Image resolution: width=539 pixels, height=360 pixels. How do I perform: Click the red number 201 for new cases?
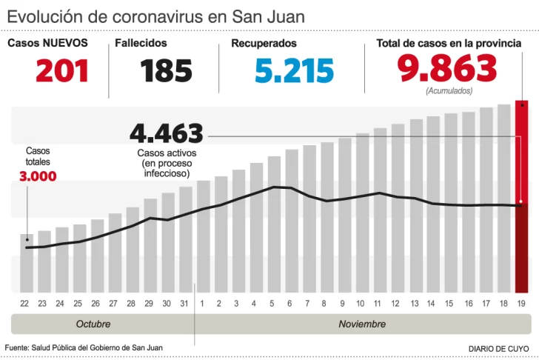pyautogui.click(x=62, y=71)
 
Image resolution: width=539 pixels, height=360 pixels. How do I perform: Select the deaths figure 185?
pyautogui.click(x=166, y=71)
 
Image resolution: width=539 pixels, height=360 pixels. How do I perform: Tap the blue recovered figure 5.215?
pyautogui.click(x=294, y=71)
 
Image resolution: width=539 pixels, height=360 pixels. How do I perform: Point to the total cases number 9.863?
pyautogui.click(x=447, y=69)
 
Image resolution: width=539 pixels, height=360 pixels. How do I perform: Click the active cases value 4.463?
pyautogui.click(x=166, y=134)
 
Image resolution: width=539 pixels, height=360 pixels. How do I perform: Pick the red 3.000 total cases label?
pyautogui.click(x=38, y=176)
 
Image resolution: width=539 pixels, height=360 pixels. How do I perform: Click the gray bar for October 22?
pyautogui.click(x=26, y=263)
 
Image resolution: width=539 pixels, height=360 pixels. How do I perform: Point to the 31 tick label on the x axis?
pyautogui.click(x=185, y=304)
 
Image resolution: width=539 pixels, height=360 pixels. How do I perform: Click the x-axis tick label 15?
pyautogui.click(x=450, y=304)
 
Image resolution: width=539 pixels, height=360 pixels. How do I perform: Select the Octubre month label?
pyautogui.click(x=93, y=324)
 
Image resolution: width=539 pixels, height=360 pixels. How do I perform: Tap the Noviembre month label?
pyautogui.click(x=362, y=324)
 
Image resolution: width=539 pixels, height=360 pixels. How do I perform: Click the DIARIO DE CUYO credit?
pyautogui.click(x=499, y=348)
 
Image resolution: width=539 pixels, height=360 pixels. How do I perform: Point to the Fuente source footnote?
pyautogui.click(x=84, y=347)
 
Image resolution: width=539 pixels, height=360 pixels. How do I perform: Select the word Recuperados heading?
pyautogui.click(x=264, y=44)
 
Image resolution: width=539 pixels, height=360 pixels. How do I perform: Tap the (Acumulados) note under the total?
pyautogui.click(x=449, y=90)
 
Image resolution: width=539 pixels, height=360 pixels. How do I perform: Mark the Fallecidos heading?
pyautogui.click(x=141, y=44)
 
